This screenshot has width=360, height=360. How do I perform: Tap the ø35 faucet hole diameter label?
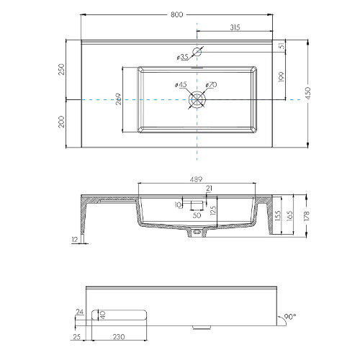pos(182,57)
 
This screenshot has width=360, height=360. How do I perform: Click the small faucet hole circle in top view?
pos(197,50)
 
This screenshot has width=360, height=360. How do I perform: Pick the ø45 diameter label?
pos(180,86)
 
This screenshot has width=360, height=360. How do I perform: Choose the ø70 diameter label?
pos(210,86)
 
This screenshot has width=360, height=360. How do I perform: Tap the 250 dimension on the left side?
pos(62,69)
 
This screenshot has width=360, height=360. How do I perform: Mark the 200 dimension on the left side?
pos(62,122)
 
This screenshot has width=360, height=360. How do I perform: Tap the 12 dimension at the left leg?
pos(75,240)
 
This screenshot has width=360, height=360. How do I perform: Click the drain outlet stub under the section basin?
pos(196,233)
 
